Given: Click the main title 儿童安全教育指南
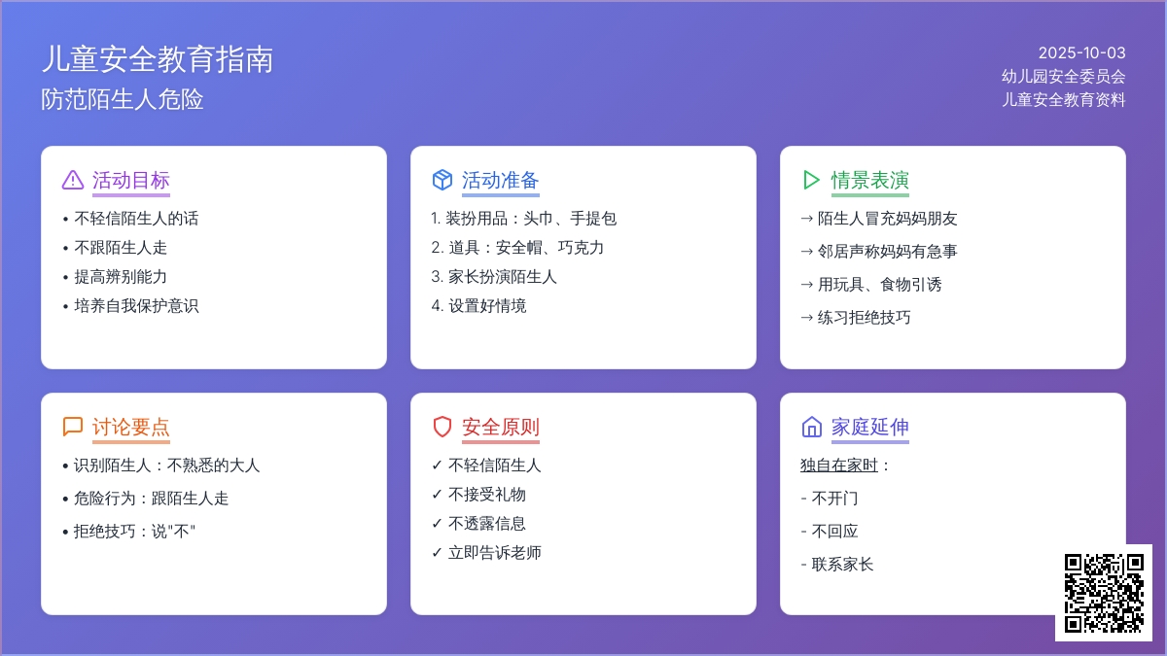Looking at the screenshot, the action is coord(158,59).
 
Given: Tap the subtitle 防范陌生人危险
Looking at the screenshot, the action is coord(123,99).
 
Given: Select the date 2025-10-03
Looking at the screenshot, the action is coord(1081,52).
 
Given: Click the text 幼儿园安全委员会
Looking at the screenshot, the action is coord(1063,76).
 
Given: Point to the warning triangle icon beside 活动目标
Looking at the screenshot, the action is coord(72,180).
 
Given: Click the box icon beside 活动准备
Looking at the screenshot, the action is coord(442,180).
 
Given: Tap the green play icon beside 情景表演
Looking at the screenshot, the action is coord(811,180).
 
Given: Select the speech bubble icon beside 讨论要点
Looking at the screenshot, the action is coord(72,427).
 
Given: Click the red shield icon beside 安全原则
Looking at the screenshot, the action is coord(442,427).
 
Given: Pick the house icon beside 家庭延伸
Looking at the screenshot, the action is coord(812,427).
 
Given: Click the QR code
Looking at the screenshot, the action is coord(1104,593).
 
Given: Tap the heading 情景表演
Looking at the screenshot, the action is coord(870,180).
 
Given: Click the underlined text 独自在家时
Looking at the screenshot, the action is coord(838,465).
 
